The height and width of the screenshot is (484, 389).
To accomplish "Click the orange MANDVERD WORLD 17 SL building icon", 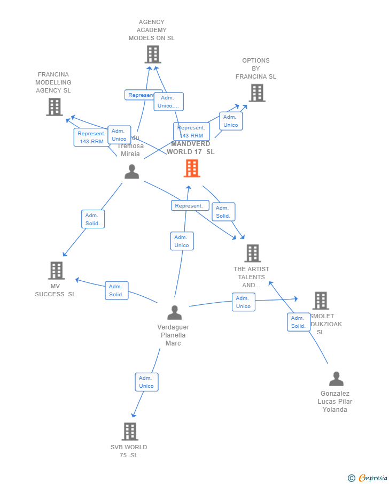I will click(x=192, y=168).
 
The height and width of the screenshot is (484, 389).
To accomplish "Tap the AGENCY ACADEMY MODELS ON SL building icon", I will click(x=153, y=55).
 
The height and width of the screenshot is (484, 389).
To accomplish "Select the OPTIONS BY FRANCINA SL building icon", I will click(x=257, y=93).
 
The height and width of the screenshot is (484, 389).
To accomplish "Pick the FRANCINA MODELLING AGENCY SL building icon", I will click(x=55, y=107).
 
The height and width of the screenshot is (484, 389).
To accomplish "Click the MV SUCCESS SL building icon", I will click(x=56, y=271).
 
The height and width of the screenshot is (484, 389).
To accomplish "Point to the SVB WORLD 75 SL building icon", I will click(x=130, y=432).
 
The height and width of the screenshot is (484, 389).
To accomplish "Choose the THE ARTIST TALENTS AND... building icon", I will click(x=252, y=253).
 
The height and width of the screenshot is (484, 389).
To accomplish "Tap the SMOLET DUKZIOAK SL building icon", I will click(x=320, y=301).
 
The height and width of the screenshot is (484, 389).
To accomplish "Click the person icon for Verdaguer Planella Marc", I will click(x=174, y=312).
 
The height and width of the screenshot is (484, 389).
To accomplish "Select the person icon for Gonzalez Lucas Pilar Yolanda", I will click(x=336, y=379).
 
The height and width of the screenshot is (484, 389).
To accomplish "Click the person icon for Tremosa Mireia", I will click(x=131, y=172).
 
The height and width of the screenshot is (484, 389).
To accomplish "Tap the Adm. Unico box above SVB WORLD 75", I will click(x=146, y=382).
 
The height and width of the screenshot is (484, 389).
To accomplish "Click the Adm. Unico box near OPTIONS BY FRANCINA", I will click(x=231, y=121).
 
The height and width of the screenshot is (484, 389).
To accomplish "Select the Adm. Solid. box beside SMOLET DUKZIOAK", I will click(x=298, y=322).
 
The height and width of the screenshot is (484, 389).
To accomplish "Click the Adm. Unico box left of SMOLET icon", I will click(x=243, y=302).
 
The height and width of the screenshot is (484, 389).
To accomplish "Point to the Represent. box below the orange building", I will click(x=190, y=205).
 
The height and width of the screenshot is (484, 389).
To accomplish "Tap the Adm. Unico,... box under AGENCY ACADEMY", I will click(x=168, y=102).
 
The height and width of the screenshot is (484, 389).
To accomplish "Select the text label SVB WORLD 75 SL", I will click(x=129, y=451).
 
